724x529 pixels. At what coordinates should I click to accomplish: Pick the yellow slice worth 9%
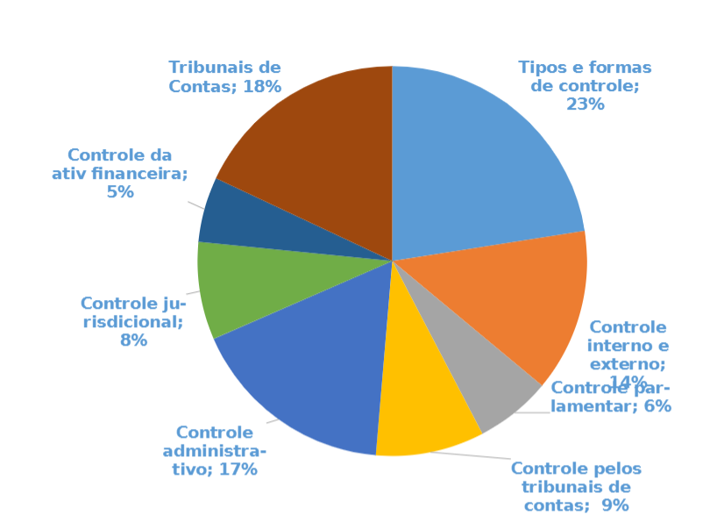(421, 412)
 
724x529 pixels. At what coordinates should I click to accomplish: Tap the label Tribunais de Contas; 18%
(224, 76)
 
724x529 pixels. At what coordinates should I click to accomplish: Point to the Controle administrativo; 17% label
(216, 450)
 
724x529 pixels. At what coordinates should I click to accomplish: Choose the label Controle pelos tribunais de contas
(576, 486)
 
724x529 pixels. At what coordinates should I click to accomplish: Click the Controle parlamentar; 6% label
(611, 397)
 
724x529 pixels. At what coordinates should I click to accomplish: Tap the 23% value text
(586, 104)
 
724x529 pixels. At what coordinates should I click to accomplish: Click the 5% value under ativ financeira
(120, 192)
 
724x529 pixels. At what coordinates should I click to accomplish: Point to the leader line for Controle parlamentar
(531, 412)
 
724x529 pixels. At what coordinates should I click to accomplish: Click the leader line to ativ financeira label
(195, 204)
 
